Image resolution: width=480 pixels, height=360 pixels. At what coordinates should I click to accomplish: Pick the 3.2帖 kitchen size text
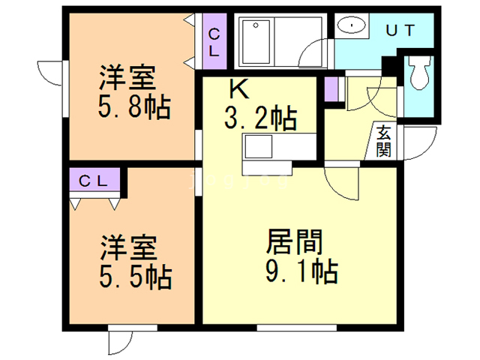coord(259,118)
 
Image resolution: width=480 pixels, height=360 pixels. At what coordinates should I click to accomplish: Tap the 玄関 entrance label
coord(383,140)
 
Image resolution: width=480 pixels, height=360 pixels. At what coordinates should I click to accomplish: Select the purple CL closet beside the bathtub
coord(214,42)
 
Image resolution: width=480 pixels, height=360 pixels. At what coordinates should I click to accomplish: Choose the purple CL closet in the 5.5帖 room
coord(96,181)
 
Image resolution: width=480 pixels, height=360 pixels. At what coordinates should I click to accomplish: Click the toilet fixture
coord(418,75)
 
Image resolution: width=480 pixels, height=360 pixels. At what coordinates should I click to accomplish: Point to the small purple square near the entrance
coord(331,89)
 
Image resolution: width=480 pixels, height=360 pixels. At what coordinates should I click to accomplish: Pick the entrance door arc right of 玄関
coord(421,143)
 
